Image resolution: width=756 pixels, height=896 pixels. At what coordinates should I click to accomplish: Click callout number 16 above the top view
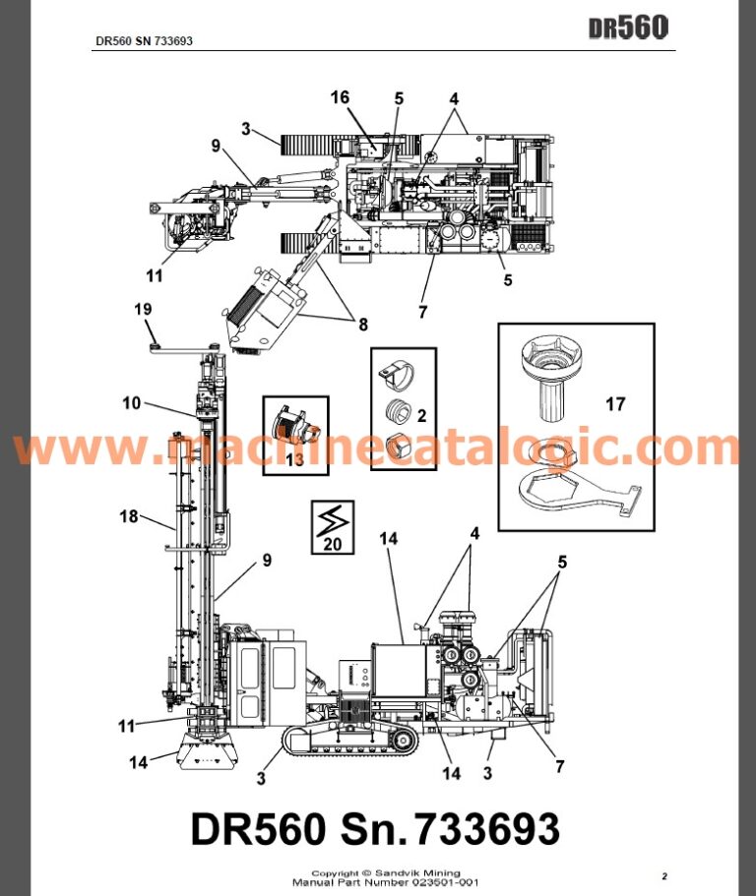340,97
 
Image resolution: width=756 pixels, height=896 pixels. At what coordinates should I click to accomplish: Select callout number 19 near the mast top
143,311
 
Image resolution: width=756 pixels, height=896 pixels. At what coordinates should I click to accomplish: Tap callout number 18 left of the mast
128,516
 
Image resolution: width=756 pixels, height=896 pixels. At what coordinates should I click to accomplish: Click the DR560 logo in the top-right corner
628,28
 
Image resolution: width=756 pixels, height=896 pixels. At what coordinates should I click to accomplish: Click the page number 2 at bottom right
663,875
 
